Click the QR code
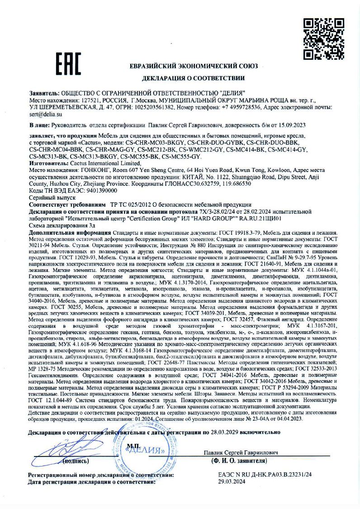pos(323,39)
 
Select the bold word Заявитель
pos(43,92)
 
